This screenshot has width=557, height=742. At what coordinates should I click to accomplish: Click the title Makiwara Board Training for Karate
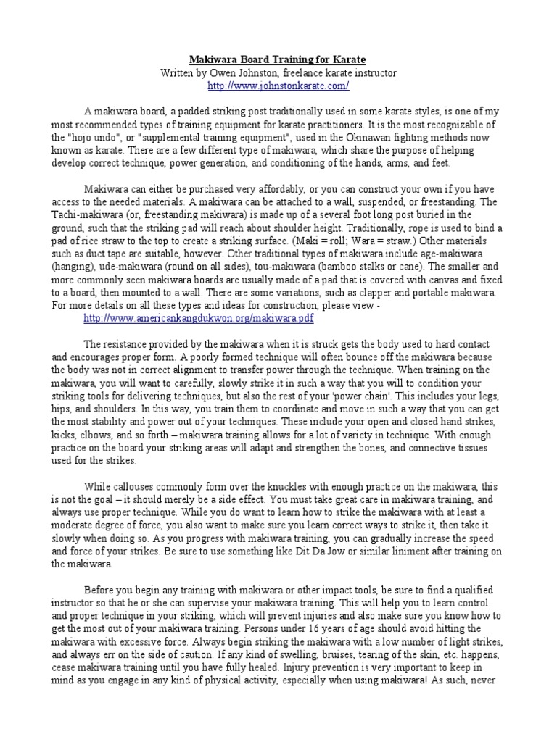(278, 59)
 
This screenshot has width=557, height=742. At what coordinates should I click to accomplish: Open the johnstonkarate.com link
(278, 86)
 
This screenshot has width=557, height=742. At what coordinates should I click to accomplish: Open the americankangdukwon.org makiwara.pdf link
(199, 318)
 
